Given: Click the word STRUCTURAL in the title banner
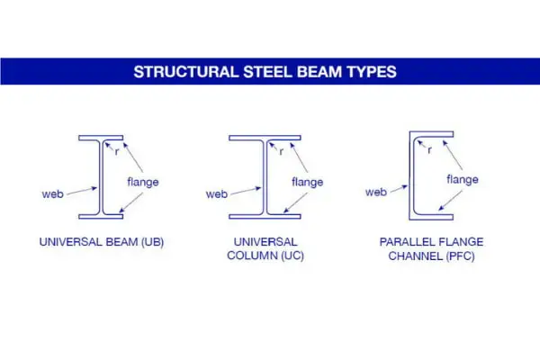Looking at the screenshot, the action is tap(186, 72).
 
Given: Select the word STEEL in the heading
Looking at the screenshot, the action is tap(267, 72).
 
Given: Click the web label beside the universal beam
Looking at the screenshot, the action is tap(53, 194).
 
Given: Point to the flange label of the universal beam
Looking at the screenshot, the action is tap(143, 182).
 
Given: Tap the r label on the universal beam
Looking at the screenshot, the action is tap(117, 151).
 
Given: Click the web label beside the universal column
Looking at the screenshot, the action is tap(217, 194).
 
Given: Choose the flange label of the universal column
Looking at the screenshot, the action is tap(308, 182).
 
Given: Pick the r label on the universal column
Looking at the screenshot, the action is tap(282, 151).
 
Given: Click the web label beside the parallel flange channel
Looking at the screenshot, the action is tap(376, 192).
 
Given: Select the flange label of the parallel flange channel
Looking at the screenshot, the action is tap(463, 179).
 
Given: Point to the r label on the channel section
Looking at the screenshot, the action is tap(429, 150).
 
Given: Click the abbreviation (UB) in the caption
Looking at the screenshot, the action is tap(153, 242).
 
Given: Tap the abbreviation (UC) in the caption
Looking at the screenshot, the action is tap(292, 256).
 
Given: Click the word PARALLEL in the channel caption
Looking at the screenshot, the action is tap(401, 242).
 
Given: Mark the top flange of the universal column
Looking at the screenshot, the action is tap(265, 138).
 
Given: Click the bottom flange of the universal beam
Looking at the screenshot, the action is tap(101, 217).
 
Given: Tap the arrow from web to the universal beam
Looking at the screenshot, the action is tap(82, 191).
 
